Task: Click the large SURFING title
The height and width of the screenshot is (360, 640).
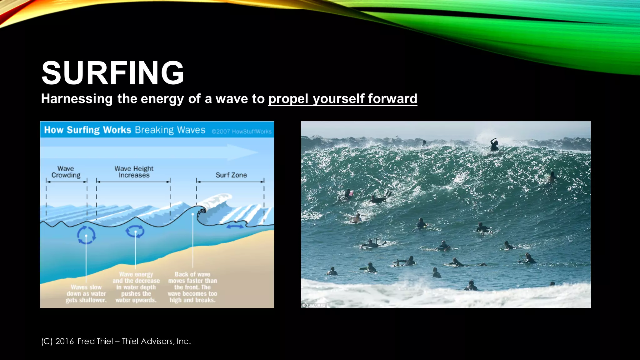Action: [112, 73]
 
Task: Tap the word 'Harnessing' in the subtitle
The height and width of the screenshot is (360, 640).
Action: [77, 99]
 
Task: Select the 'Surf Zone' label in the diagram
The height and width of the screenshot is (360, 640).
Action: [231, 175]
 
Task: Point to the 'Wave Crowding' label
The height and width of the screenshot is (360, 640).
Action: [66, 172]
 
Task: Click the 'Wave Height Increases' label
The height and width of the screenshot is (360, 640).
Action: [134, 172]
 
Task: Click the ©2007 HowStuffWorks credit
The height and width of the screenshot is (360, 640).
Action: [241, 132]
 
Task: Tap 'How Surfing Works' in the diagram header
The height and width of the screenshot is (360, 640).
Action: [87, 130]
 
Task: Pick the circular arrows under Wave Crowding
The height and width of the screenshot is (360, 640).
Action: [86, 235]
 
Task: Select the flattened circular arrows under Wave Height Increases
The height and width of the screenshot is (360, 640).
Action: [135, 232]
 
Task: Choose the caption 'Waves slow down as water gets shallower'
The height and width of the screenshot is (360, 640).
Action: [86, 293]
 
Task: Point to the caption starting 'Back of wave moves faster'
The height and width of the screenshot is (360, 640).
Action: [192, 287]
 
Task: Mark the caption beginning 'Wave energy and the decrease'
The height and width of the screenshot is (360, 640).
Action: [136, 287]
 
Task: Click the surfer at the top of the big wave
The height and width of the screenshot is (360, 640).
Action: [494, 144]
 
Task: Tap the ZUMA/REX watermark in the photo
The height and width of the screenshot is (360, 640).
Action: [314, 305]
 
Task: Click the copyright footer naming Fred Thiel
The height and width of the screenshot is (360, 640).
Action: [116, 341]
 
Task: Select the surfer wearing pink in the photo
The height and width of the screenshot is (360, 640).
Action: [349, 194]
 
